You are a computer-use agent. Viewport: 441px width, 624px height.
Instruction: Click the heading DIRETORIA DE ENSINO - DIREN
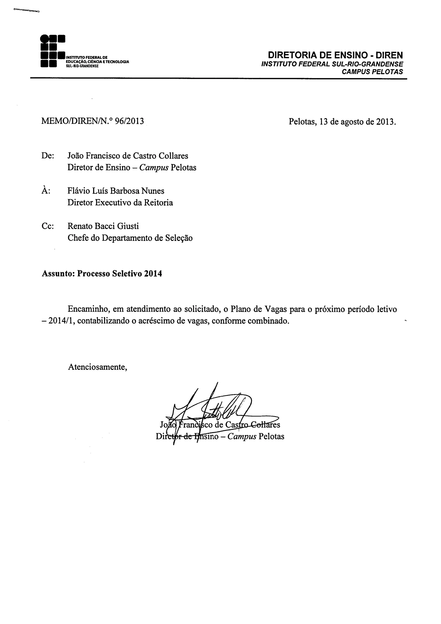click(335, 55)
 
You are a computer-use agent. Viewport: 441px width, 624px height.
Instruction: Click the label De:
click(48, 156)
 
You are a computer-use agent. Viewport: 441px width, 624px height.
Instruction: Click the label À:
click(46, 191)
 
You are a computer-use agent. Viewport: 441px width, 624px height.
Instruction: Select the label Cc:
click(48, 226)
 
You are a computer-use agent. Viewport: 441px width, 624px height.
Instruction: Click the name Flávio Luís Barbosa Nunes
click(116, 191)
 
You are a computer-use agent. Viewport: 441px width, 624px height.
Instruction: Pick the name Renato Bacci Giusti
click(103, 226)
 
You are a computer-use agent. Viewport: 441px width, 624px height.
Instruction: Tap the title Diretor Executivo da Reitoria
click(120, 203)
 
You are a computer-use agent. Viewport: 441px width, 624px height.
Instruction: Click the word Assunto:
click(58, 273)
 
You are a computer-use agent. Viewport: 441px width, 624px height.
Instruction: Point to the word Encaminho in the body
click(88, 309)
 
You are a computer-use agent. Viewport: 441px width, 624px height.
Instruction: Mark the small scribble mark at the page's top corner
click(25, 11)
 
